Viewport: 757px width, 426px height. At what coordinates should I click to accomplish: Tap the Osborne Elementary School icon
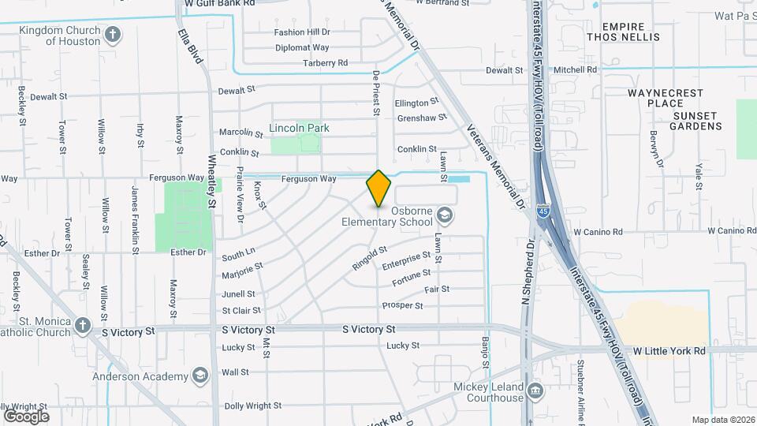pos(445,215)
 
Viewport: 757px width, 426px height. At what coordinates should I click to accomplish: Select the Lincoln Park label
pos(299,128)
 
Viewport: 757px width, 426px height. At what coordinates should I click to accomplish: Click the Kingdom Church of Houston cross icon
pos(113,34)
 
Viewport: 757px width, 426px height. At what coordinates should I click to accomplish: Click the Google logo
pos(26,416)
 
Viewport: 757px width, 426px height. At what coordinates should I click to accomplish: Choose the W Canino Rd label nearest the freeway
pos(598,232)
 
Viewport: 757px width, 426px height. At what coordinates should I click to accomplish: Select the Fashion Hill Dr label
pos(302,32)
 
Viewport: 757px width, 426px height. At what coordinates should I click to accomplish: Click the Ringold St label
pos(370,258)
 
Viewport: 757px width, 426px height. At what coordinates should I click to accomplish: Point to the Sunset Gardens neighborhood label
pos(696,121)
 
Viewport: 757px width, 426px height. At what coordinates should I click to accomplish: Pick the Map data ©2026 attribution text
pos(722,420)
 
